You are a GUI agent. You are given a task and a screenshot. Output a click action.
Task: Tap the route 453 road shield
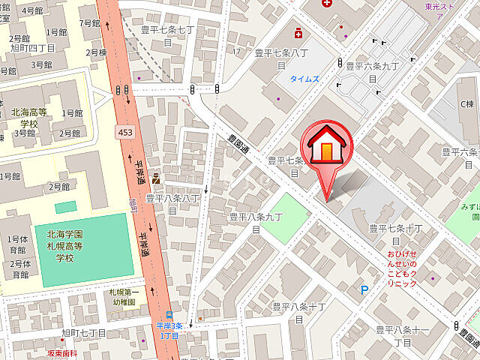pyautogui.click(x=125, y=132)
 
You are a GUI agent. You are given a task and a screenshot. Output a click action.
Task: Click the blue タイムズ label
pyautogui.click(x=305, y=77)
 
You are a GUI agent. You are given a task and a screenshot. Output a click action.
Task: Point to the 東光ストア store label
pyautogui.click(x=439, y=7)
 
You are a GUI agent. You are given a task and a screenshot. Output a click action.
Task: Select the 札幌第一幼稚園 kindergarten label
pyautogui.click(x=124, y=296)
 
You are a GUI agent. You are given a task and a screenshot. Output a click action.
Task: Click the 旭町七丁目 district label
pyautogui.click(x=84, y=332)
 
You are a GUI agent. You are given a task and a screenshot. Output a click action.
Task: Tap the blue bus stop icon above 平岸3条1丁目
pyautogui.click(x=169, y=315)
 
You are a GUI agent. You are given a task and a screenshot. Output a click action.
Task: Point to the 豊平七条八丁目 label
pyautogui.click(x=281, y=58)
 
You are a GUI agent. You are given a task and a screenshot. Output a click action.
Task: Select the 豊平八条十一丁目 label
pyautogui.click(x=403, y=334)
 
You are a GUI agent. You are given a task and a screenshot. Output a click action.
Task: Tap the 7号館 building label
pyautogui.click(x=88, y=22)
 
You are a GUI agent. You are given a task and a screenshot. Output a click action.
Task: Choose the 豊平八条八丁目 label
pyautogui.click(x=172, y=204)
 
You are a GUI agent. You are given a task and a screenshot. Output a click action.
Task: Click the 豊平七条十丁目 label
pyautogui.click(x=397, y=233)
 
